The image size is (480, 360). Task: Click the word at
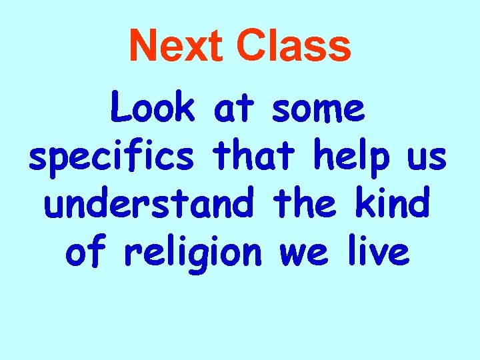tap(236, 109)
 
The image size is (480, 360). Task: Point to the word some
tap(318, 109)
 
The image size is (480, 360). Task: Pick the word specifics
tap(112, 158)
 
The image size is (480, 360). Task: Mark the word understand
tap(149, 204)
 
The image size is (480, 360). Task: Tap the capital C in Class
tap(252, 47)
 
